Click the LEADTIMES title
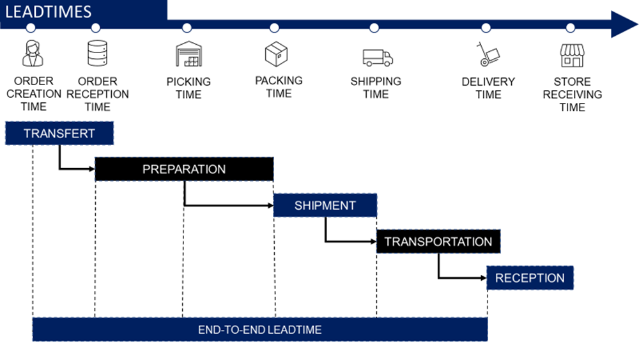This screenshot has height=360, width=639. pyautogui.click(x=49, y=12)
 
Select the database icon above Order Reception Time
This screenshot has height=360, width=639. pyautogui.click(x=96, y=53)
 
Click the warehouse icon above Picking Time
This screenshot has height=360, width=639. pyautogui.click(x=189, y=54)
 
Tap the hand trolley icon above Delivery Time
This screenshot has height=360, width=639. pyautogui.click(x=487, y=54)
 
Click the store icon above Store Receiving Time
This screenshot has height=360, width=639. pyautogui.click(x=572, y=55)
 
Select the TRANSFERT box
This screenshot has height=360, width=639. pyautogui.click(x=59, y=134)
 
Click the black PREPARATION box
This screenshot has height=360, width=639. pyautogui.click(x=184, y=169)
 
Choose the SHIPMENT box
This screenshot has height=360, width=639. pyautogui.click(x=325, y=205)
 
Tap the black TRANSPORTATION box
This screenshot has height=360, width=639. pyautogui.click(x=438, y=242)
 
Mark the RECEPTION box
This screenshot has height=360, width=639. pyautogui.click(x=530, y=278)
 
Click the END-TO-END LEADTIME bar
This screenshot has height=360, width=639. pyautogui.click(x=259, y=329)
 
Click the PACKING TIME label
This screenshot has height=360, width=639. pyautogui.click(x=279, y=87)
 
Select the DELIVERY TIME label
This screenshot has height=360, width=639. pyautogui.click(x=488, y=88)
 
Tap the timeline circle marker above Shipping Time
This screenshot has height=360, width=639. pyautogui.click(x=374, y=27)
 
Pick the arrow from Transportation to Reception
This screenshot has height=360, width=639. pyautogui.click(x=460, y=278)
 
